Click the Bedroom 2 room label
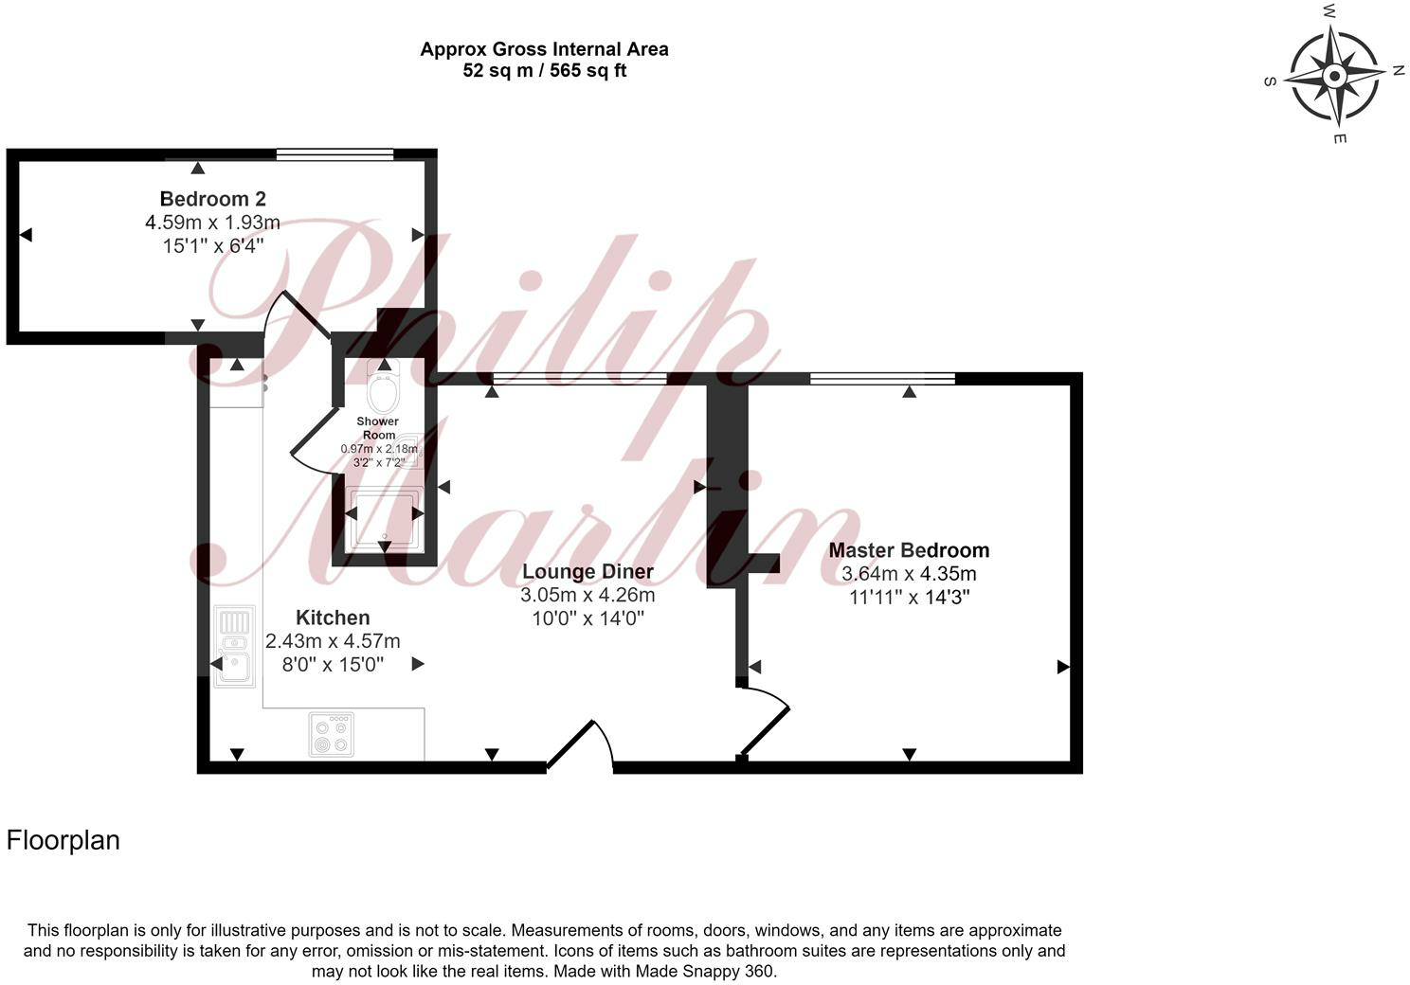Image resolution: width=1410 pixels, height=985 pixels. tap(212, 199)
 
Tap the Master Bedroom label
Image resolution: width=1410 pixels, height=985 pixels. tap(909, 550)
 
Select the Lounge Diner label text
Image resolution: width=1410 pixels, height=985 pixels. tap(587, 571)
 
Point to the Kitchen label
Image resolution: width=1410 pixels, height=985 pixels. tap(333, 618)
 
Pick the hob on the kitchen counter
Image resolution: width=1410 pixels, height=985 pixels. tap(332, 734)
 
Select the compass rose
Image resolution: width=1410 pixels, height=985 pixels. tap(1334, 75)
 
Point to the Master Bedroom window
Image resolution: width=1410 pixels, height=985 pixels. tap(882, 379)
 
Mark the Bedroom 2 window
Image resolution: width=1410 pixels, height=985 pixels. tap(334, 154)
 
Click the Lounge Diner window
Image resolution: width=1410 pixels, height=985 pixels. tap(579, 379)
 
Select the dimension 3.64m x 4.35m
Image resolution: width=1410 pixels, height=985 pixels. tap(909, 574)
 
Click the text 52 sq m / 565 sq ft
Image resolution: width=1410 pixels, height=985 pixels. tap(544, 70)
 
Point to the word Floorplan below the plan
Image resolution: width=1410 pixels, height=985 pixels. tap(63, 840)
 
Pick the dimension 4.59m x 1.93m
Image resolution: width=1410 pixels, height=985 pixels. tap(212, 223)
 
